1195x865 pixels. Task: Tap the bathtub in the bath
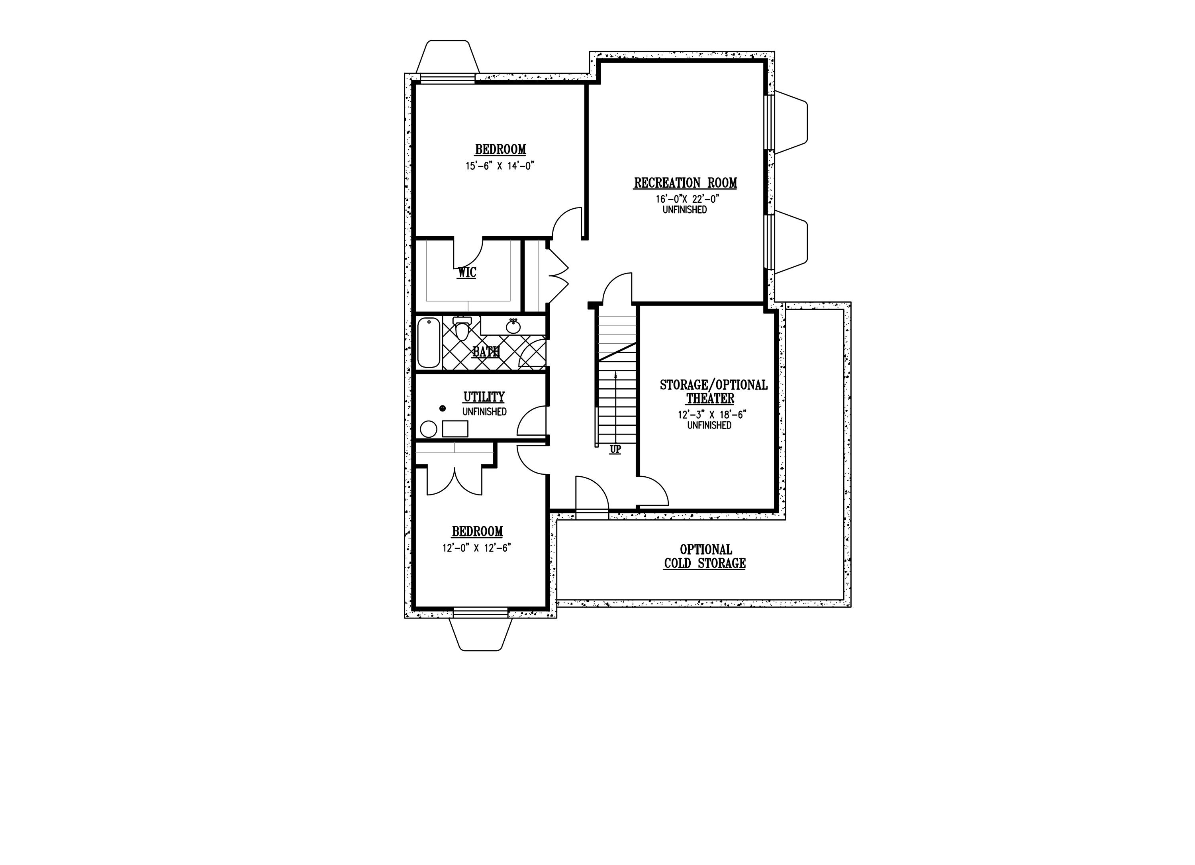[x=429, y=343]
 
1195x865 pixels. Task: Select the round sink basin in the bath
[x=513, y=327]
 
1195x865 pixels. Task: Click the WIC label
[x=467, y=273]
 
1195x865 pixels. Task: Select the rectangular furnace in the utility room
[x=455, y=429]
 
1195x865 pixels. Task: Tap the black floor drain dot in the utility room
[x=443, y=408]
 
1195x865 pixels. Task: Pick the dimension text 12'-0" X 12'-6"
[x=477, y=548]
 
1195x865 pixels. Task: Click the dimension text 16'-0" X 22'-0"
[x=688, y=199]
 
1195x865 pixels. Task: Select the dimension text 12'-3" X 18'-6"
[x=712, y=415]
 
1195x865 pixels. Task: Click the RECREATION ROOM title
[x=686, y=183]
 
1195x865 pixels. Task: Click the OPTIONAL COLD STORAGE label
[x=705, y=557]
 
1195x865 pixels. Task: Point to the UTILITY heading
[x=484, y=397]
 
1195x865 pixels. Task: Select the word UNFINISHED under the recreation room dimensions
[x=685, y=209]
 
